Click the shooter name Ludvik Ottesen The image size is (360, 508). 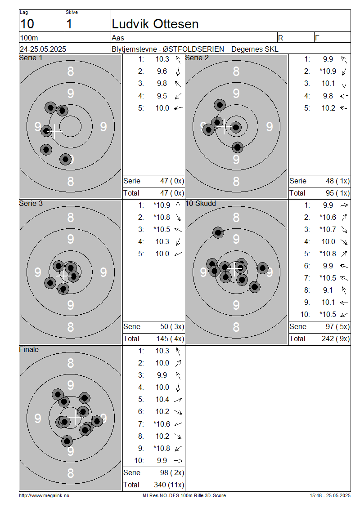155,24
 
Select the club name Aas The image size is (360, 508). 118,38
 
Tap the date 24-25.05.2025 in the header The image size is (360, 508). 43,49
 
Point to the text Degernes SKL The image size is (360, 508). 255,49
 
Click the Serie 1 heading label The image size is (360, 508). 31,58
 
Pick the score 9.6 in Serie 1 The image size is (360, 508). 162,71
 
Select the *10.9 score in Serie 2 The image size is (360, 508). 328,71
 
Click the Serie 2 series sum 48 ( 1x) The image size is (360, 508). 337,181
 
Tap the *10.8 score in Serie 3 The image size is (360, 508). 162,218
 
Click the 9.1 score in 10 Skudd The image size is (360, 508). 328,290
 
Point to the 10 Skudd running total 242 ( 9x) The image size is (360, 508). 336,339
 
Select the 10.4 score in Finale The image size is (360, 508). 162,400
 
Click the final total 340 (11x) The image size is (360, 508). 169,485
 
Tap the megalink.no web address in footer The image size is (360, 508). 44,496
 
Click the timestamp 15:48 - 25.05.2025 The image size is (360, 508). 330,496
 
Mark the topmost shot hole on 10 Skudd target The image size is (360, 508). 218,232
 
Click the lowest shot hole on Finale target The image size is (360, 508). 67,441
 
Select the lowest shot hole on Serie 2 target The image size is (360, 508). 238,147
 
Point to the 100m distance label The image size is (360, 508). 29,38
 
